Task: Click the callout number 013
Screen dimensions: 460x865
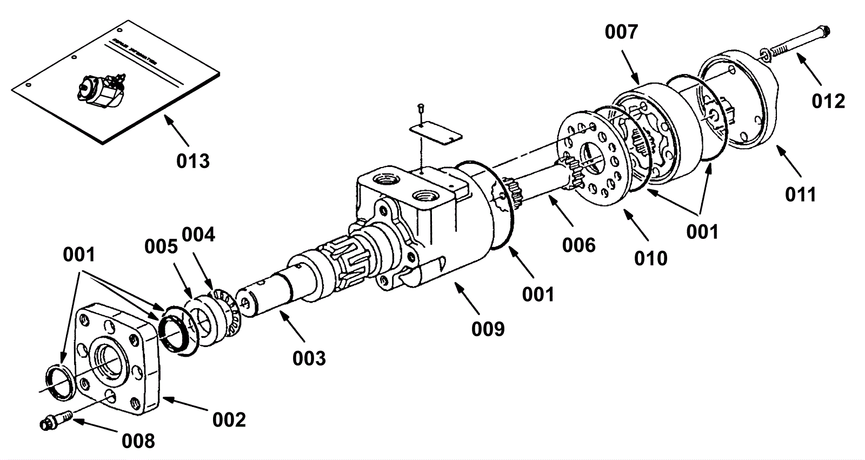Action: (x=193, y=161)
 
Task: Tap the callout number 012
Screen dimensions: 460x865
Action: (x=828, y=101)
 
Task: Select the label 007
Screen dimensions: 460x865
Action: (x=621, y=32)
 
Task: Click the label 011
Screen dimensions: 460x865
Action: (x=800, y=194)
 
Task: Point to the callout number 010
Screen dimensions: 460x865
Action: (x=651, y=258)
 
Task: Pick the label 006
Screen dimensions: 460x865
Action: (x=578, y=245)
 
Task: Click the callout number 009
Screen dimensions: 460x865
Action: (x=488, y=328)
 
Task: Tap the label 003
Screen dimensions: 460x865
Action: (x=309, y=358)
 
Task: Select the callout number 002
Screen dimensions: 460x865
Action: (x=229, y=419)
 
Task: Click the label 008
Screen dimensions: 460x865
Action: (x=138, y=441)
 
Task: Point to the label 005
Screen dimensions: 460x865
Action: (x=161, y=246)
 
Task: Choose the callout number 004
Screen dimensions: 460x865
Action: (x=198, y=235)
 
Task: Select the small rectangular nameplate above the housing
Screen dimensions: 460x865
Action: (x=435, y=133)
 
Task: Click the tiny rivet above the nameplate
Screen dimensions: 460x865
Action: (x=421, y=109)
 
